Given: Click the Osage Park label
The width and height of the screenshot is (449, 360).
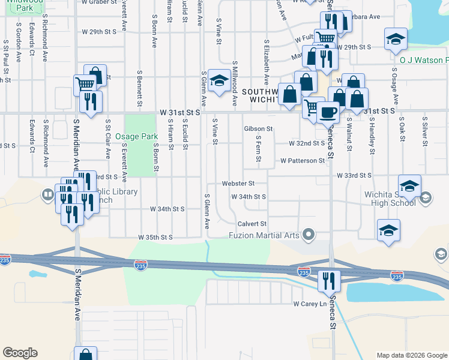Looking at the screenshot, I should [136, 137].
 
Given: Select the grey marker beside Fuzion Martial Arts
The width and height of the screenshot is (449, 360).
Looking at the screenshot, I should [309, 234].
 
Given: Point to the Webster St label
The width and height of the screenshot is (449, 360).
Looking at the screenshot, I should [238, 183].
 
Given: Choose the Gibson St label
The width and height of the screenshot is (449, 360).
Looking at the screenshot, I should [258, 129].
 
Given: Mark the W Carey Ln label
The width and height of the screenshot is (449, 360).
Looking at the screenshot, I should [309, 304].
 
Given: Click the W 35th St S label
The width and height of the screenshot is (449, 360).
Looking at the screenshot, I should [155, 238].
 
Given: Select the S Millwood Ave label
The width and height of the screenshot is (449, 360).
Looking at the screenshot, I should [235, 78].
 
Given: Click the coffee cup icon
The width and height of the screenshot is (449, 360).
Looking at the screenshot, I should [328, 112].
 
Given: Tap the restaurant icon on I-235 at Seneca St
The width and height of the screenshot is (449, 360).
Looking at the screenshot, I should [329, 280].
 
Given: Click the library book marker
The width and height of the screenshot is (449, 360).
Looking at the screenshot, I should [47, 194].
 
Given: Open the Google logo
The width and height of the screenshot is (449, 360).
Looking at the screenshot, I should [20, 353].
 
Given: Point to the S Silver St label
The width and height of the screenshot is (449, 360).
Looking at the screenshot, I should [424, 132].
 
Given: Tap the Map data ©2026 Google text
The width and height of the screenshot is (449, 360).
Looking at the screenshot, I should [411, 355].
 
